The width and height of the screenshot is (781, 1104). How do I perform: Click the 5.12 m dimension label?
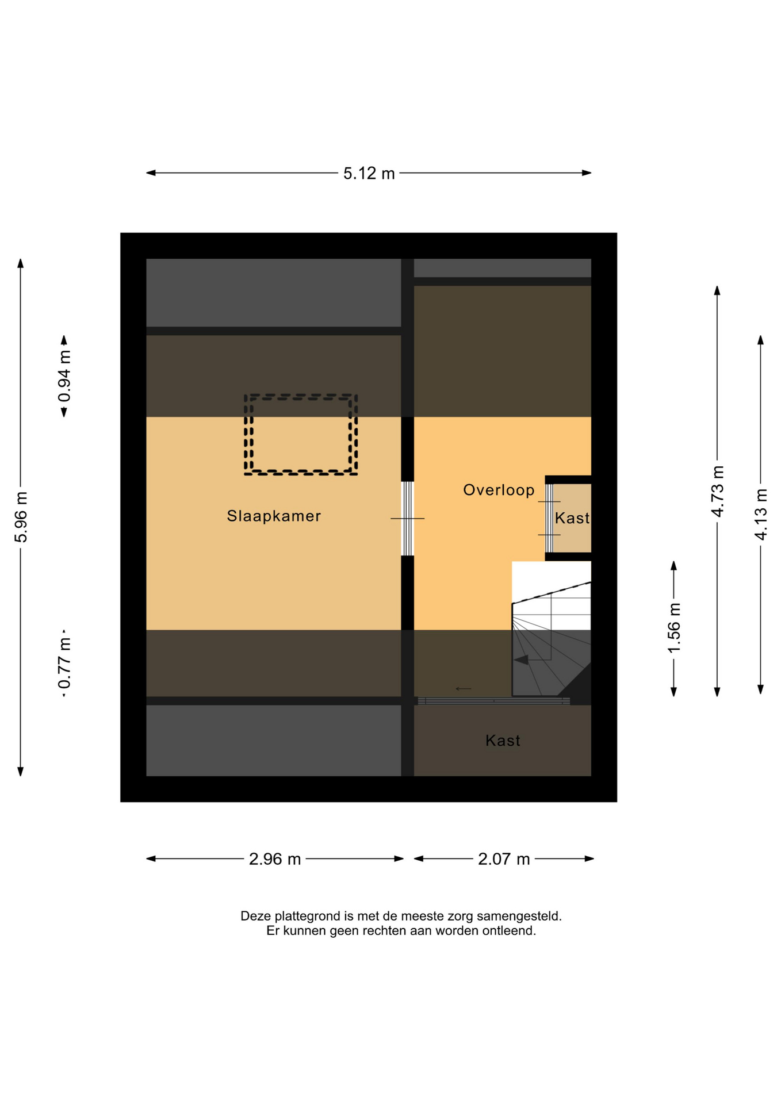(369, 173)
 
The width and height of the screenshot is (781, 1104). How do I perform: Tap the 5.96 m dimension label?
(21, 517)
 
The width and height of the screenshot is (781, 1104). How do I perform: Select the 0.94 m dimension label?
(64, 377)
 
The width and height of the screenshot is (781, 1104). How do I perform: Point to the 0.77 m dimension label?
(64, 662)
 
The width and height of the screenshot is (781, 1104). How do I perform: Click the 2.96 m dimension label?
(275, 859)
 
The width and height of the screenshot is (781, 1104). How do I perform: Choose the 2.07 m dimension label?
(504, 859)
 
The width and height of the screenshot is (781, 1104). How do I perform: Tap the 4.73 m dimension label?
(717, 492)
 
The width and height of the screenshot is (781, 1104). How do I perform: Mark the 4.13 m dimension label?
(760, 514)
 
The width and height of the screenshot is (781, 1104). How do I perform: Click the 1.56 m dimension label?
(673, 628)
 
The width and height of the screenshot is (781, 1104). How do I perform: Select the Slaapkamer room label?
(274, 516)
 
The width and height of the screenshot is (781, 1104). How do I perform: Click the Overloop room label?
(499, 490)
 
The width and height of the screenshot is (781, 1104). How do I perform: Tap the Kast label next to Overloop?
(572, 518)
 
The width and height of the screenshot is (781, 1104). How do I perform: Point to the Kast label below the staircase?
(503, 740)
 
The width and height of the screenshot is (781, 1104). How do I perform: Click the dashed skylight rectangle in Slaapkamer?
(301, 396)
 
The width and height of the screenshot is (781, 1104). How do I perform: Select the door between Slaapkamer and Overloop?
(407, 518)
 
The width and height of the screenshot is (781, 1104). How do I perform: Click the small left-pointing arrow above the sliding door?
(464, 688)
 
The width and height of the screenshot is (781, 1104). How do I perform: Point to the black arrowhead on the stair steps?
(521, 660)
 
